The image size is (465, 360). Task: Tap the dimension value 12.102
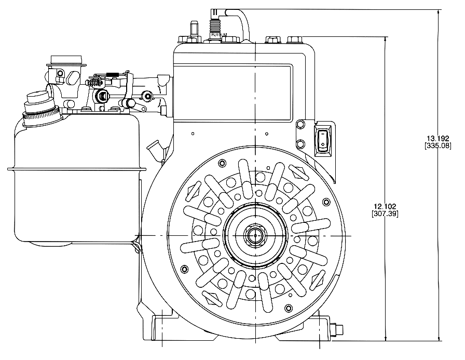click(x=385, y=206)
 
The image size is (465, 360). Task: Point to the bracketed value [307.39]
click(x=385, y=214)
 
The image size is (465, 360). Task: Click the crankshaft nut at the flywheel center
click(x=255, y=235)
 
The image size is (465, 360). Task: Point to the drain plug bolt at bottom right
click(x=338, y=330)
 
